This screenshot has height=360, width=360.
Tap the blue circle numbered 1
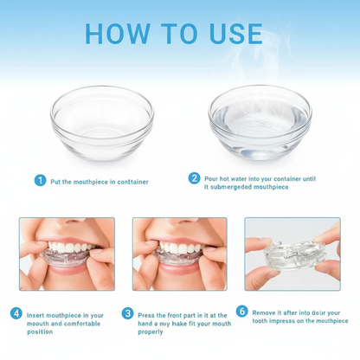click(40, 180)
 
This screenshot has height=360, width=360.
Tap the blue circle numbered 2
click(194, 177)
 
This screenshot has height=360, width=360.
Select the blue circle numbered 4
click(16, 312)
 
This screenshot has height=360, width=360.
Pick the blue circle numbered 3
click(128, 312)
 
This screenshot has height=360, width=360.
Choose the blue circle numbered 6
click(241, 311)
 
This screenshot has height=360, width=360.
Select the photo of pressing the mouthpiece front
click(179, 253)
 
